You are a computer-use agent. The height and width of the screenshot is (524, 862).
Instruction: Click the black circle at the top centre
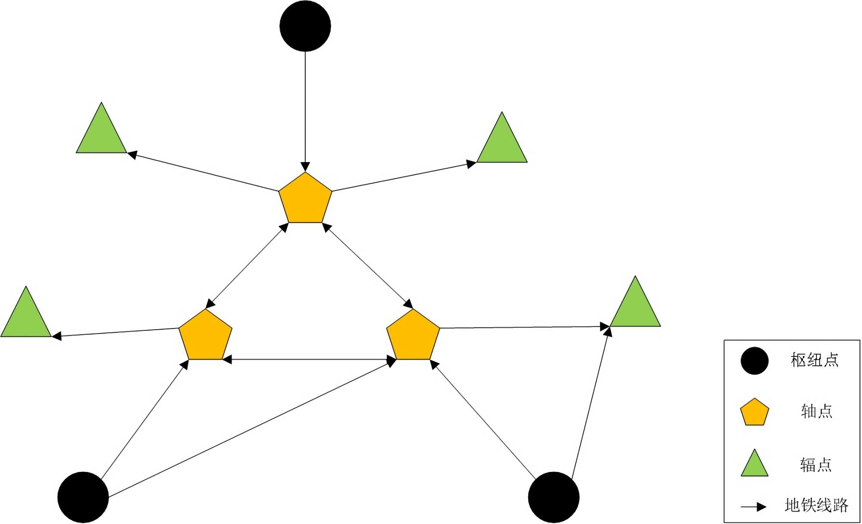tap(305, 26)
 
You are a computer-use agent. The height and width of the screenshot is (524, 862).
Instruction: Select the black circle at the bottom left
tap(83, 497)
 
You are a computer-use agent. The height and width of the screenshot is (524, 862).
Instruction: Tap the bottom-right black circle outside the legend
tap(554, 497)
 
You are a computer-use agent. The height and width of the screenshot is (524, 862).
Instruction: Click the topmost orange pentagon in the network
tap(305, 199)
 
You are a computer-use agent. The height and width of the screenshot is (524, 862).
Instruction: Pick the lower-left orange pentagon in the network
tap(205, 336)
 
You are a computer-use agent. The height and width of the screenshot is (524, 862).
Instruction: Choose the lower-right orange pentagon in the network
tap(413, 336)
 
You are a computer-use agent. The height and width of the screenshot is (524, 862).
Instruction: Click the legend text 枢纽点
tap(815, 360)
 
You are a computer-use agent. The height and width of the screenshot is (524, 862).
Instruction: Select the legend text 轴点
tap(816, 412)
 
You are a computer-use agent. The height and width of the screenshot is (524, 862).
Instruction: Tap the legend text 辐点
tap(815, 465)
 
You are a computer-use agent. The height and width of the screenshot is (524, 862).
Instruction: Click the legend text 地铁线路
tap(816, 505)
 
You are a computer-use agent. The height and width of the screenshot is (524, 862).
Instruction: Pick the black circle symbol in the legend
tap(755, 361)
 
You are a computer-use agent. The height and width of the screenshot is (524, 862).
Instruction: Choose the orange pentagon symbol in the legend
tap(755, 412)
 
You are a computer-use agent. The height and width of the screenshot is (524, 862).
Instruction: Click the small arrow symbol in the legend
tap(754, 507)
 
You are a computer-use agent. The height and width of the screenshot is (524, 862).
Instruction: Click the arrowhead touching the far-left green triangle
tap(56, 336)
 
